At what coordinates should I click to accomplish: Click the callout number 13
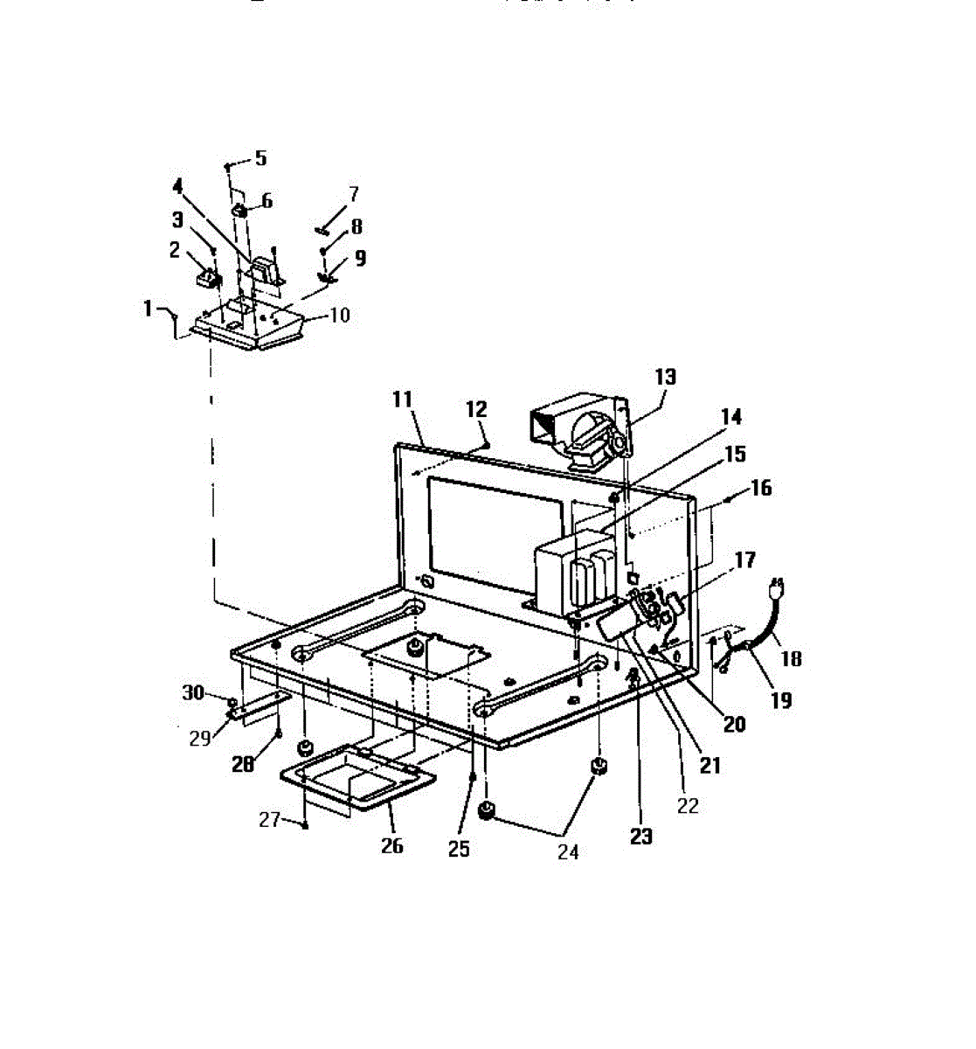666,377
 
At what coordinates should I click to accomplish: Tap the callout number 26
392,845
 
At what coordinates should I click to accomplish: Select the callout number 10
338,315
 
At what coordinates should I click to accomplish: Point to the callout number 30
193,693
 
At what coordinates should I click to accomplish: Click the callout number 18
791,658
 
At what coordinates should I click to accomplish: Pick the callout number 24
568,851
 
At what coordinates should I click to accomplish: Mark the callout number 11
402,399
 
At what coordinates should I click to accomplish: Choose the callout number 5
260,158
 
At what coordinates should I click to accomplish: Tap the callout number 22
688,806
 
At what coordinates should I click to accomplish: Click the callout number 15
736,454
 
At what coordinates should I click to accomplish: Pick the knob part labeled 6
239,212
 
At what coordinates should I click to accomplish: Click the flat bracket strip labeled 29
259,705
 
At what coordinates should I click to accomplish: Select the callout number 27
269,820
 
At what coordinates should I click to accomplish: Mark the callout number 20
734,723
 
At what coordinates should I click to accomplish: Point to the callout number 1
148,309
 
